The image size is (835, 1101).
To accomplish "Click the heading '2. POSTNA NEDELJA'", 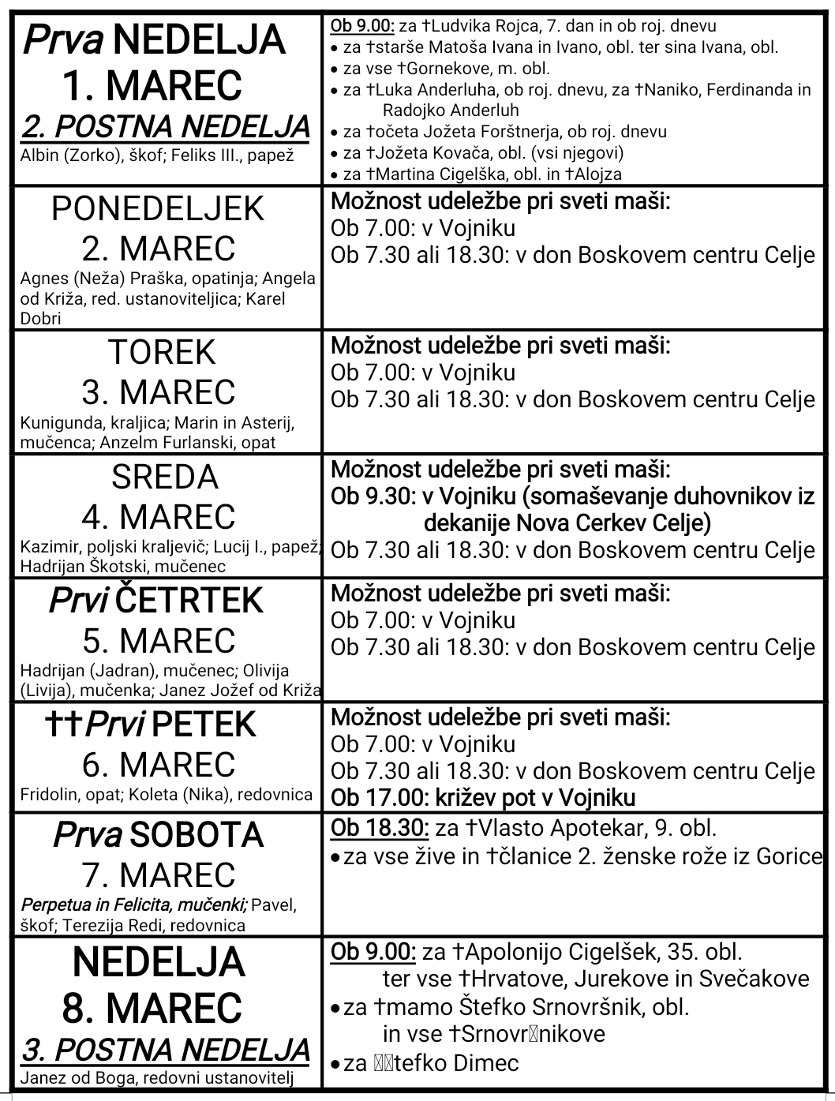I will [x=166, y=127].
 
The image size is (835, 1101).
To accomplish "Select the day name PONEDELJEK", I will [x=158, y=209].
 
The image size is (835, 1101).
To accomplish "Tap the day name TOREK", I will [x=162, y=352].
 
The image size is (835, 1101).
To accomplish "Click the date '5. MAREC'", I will [x=159, y=641].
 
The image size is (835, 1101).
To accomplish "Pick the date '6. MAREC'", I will [x=159, y=765].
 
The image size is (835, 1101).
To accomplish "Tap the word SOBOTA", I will [x=196, y=835].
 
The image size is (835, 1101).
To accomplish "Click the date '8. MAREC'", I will [x=152, y=1008].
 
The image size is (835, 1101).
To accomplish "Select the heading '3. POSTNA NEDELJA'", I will [x=166, y=1050].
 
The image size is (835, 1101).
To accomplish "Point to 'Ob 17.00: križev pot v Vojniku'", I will [x=483, y=798].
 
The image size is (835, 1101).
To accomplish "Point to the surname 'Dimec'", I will [x=485, y=1063].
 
